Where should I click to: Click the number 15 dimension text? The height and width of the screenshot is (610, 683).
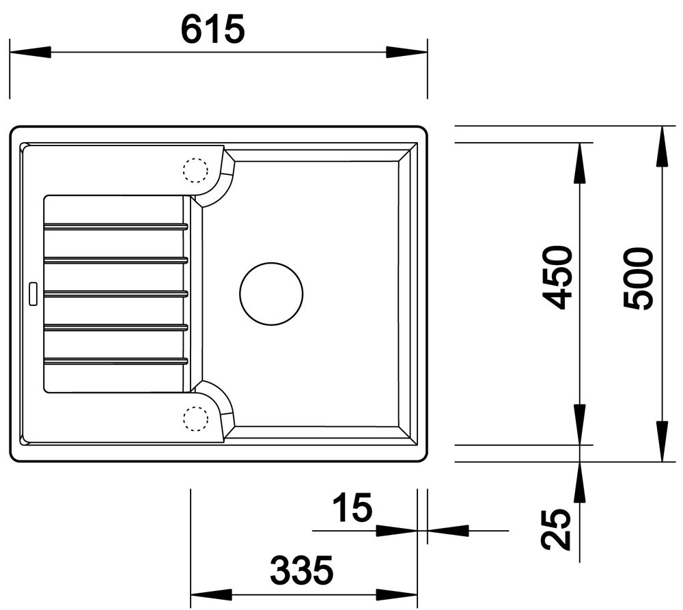(352, 508)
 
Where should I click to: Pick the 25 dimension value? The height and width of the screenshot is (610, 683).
(555, 530)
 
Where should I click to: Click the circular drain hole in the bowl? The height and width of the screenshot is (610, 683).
(270, 294)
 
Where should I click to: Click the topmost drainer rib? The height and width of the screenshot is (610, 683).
(115, 226)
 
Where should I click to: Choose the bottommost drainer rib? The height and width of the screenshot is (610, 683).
(115, 360)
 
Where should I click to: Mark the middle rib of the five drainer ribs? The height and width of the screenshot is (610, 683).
(115, 293)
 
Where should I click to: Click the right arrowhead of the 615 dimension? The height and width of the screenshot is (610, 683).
(408, 53)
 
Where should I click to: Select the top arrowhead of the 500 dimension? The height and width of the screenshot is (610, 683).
(662, 146)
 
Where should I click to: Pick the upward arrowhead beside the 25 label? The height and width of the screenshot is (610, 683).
(579, 481)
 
